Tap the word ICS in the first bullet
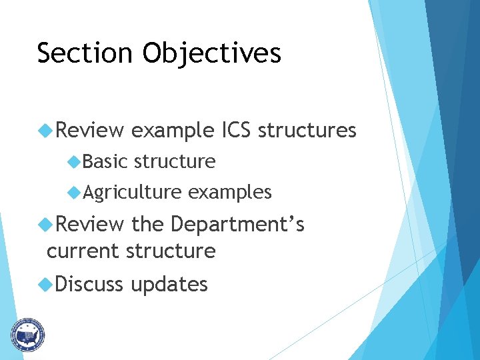(x=235, y=130)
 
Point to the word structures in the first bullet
(x=307, y=130)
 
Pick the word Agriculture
(x=132, y=193)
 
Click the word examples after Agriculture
(x=229, y=193)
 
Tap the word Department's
(x=238, y=225)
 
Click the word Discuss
(x=90, y=284)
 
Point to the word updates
(x=169, y=285)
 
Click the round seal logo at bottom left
(x=27, y=334)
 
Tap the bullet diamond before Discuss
(x=45, y=284)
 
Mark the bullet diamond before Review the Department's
(x=45, y=225)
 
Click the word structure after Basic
(x=175, y=161)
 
